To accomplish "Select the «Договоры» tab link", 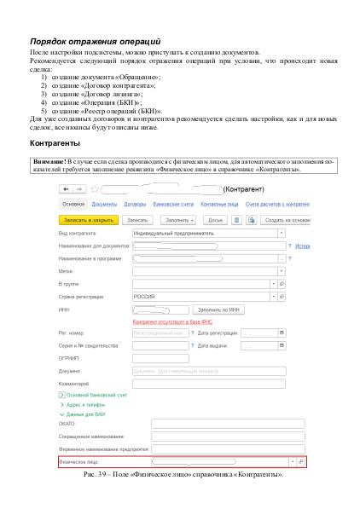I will (x=134, y=205).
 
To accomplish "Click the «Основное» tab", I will (x=73, y=205).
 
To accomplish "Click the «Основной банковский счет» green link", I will (x=96, y=396).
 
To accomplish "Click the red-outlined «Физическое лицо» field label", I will (x=78, y=460).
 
